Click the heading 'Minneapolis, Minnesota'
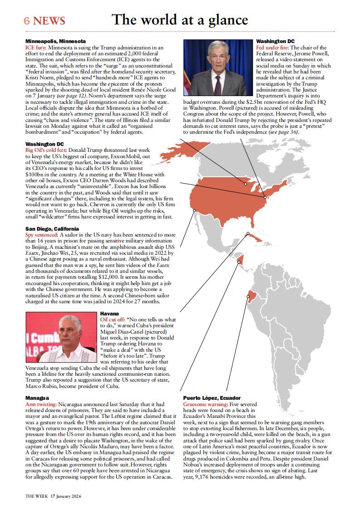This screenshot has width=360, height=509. (x=55, y=41)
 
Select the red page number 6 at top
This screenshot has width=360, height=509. (x=27, y=21)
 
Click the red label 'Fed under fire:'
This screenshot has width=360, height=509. (x=272, y=47)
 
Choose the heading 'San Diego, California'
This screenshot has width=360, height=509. (x=52, y=229)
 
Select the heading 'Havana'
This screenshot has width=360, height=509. (x=109, y=313)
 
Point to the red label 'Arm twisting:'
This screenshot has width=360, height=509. (x=41, y=403)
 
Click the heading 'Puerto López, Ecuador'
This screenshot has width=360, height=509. (x=212, y=398)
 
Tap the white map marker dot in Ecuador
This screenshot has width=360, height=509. (x=248, y=297)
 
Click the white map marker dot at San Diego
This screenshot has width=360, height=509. (x=195, y=210)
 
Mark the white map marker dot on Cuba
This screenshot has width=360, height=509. (x=248, y=234)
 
